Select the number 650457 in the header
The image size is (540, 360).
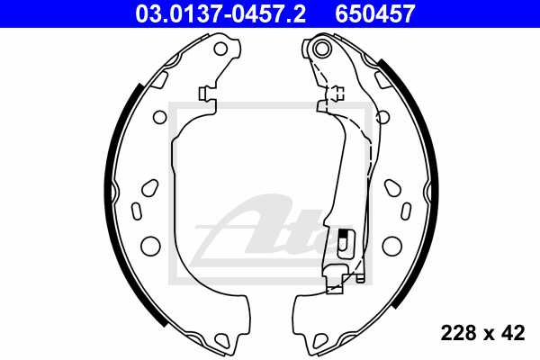(375, 13)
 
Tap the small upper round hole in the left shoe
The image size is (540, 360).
(159, 116)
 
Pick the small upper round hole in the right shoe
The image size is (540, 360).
(382, 116)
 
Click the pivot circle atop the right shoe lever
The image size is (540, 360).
(319, 51)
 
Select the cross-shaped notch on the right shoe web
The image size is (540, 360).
(336, 93)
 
